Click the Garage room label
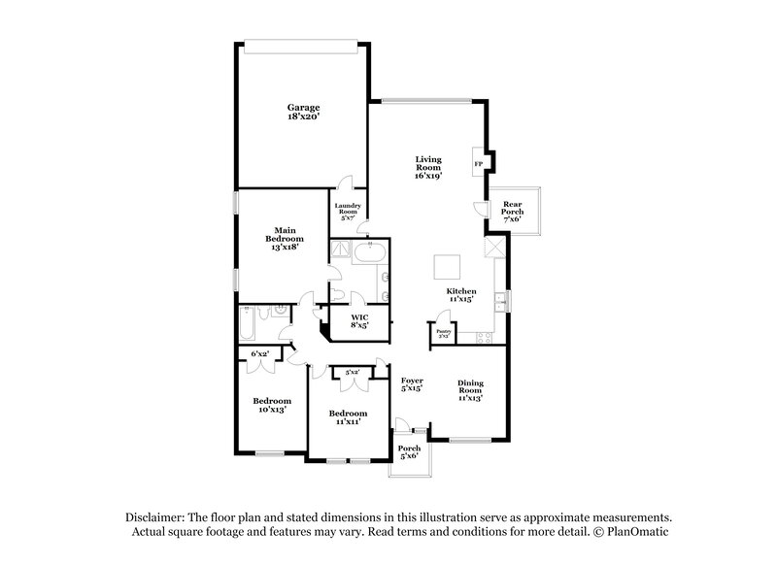pyautogui.click(x=303, y=112)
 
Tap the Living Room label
pyautogui.click(x=427, y=168)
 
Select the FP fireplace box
pyautogui.click(x=478, y=163)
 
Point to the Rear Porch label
pyautogui.click(x=512, y=213)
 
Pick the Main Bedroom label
pyautogui.click(x=285, y=238)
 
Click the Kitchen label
pyautogui.click(x=460, y=296)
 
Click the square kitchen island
pyautogui.click(x=448, y=265)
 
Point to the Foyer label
pyautogui.click(x=413, y=385)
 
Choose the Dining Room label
pyautogui.click(x=470, y=389)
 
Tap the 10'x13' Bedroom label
pyautogui.click(x=271, y=406)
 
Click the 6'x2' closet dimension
pyautogui.click(x=260, y=354)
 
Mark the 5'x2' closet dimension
pyautogui.click(x=350, y=372)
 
